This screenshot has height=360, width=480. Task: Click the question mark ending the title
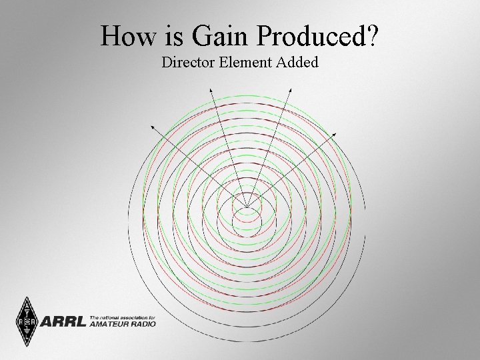[372, 36]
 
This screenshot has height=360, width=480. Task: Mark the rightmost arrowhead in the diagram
[336, 134]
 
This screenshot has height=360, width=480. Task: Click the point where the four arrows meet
[247, 206]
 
